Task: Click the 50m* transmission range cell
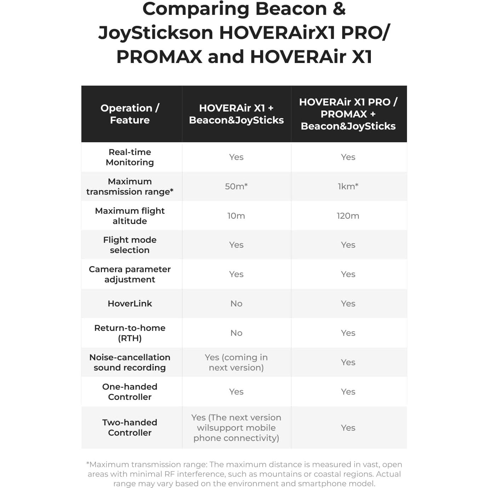236,186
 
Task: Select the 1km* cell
348,186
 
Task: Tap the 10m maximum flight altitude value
236,216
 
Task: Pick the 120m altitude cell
348,216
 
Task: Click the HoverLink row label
130,303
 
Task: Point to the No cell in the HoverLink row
236,303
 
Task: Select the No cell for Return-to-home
236,333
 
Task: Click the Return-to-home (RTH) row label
130,333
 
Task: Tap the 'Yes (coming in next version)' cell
236,362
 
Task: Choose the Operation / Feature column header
130,114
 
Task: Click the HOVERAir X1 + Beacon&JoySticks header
236,114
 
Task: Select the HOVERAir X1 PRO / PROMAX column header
348,114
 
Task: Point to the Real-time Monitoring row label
130,157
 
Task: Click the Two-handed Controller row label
130,427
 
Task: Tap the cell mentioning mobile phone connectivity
236,427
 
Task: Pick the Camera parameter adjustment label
130,274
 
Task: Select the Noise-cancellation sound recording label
130,362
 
